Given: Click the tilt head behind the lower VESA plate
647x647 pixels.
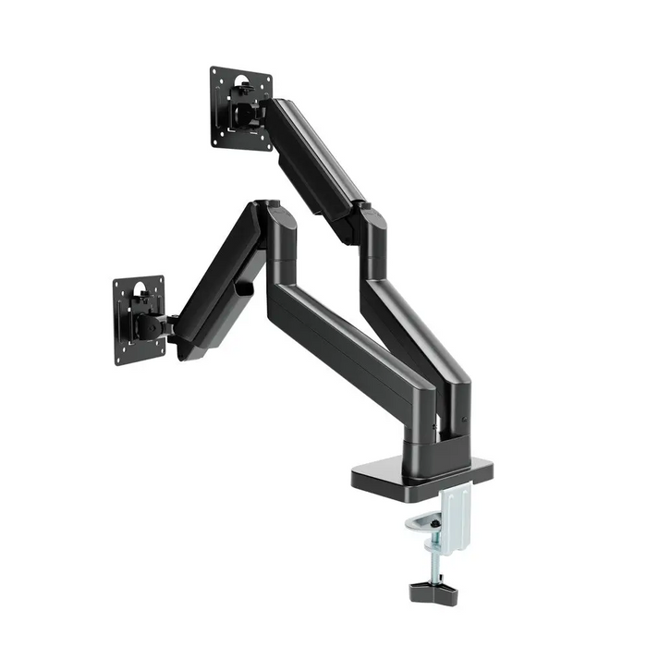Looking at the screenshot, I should pyautogui.click(x=153, y=325).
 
